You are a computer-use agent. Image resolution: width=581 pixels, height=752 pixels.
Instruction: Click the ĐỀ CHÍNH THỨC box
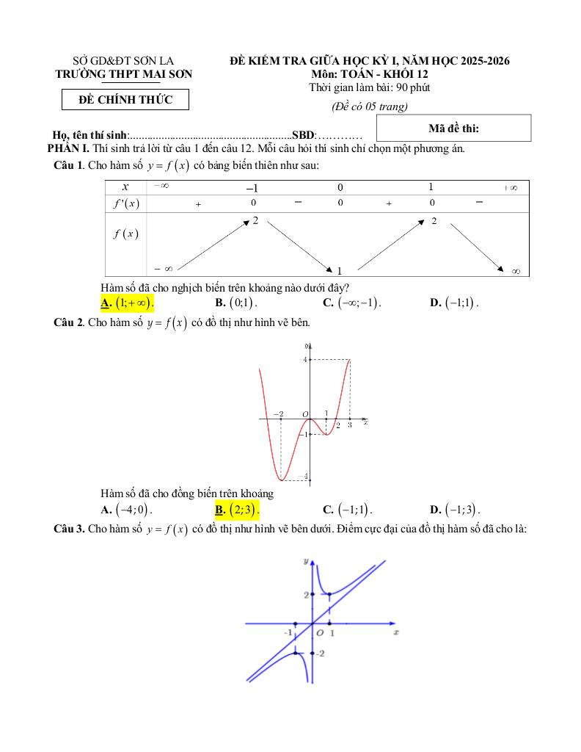point(126,100)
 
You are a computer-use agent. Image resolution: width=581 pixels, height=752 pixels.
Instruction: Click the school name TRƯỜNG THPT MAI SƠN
point(124,73)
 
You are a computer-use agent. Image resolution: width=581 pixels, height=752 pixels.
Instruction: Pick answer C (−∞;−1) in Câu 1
point(353,302)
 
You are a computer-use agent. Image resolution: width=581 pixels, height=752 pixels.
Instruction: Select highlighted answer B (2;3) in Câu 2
point(238,510)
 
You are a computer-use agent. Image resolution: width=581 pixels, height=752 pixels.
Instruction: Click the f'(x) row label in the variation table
point(126,203)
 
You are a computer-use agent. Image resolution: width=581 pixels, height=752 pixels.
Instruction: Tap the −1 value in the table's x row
point(252,188)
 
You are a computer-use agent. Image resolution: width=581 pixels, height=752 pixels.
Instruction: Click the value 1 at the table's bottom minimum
point(340,270)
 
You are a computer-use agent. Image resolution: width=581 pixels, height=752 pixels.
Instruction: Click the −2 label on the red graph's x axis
point(279,414)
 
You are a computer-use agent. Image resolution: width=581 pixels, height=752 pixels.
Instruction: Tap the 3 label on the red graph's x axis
point(349,424)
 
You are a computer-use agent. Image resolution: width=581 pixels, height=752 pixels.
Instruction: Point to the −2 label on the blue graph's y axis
point(320,653)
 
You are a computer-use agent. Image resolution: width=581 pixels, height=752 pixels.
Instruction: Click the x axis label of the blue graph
point(395,632)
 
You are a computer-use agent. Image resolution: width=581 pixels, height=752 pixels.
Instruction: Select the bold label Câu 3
point(70,529)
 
